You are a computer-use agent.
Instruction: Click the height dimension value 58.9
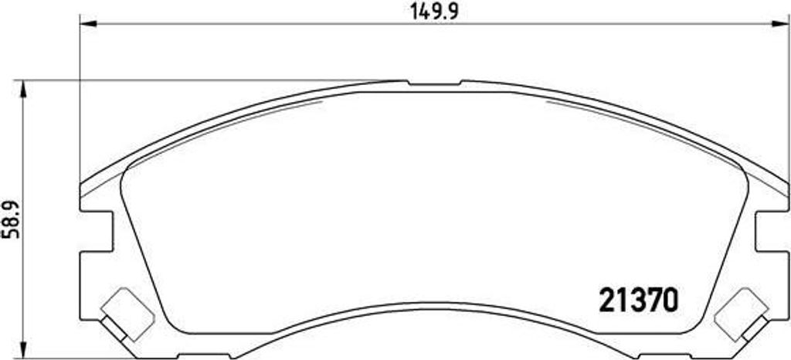[12, 219]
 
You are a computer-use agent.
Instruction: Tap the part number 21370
[638, 301]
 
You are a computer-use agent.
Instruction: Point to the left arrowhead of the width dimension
[88, 23]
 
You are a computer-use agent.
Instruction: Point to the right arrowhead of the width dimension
[780, 23]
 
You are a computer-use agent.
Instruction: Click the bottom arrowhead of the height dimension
[22, 349]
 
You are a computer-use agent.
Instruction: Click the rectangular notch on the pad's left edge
[97, 232]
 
